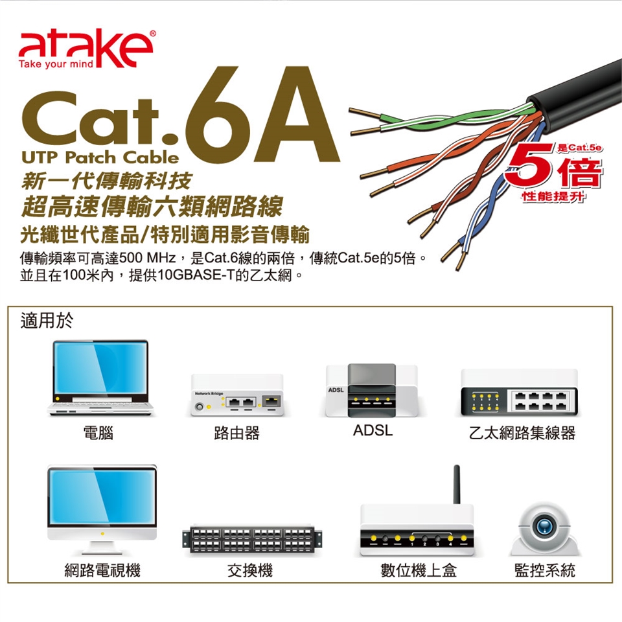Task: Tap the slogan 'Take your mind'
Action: [x=56, y=64]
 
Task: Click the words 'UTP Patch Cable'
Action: [x=100, y=157]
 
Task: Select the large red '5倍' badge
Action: [x=554, y=170]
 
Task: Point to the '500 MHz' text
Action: [x=147, y=259]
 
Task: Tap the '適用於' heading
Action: [x=47, y=321]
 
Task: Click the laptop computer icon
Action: [x=100, y=378]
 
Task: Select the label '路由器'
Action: [x=237, y=433]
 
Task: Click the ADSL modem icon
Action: [x=371, y=390]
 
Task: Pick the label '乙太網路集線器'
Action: [x=522, y=433]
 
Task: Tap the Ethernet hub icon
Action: [x=519, y=393]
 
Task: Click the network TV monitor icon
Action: [x=102, y=510]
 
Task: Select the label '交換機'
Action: [x=250, y=570]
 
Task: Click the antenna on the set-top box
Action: [x=457, y=485]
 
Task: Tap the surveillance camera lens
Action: [x=544, y=526]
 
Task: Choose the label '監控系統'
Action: [x=545, y=570]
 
